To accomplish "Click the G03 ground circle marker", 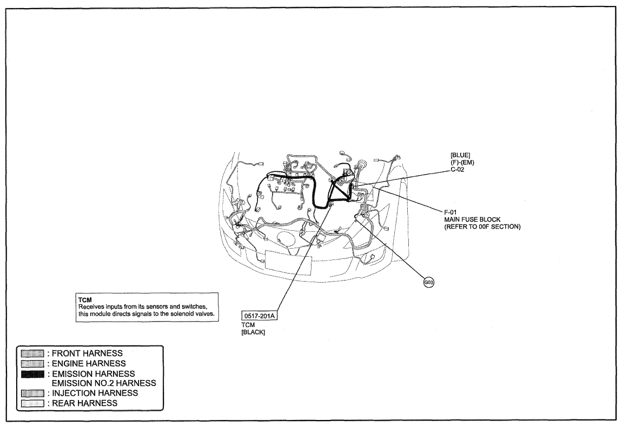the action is click(429, 283).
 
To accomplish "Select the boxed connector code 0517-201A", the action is click(260, 316).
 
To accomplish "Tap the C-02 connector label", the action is click(458, 170).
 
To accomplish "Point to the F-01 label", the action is click(450, 212).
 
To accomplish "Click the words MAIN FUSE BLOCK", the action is click(473, 219).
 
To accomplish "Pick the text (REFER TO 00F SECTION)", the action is click(482, 227).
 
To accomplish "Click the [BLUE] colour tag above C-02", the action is click(461, 155).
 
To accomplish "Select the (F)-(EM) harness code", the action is click(462, 163).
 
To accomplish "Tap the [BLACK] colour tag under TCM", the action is click(253, 332).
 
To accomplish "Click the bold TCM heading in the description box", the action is click(85, 301).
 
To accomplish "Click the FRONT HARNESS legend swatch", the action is click(32, 353).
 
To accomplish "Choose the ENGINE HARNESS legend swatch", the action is click(32, 363).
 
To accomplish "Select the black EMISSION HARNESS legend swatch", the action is click(32, 374).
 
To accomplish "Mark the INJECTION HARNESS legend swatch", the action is click(32, 393).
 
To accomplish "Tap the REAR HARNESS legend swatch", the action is click(32, 403).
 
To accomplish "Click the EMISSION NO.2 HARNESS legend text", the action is click(104, 383).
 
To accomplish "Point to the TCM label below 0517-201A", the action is click(248, 325).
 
